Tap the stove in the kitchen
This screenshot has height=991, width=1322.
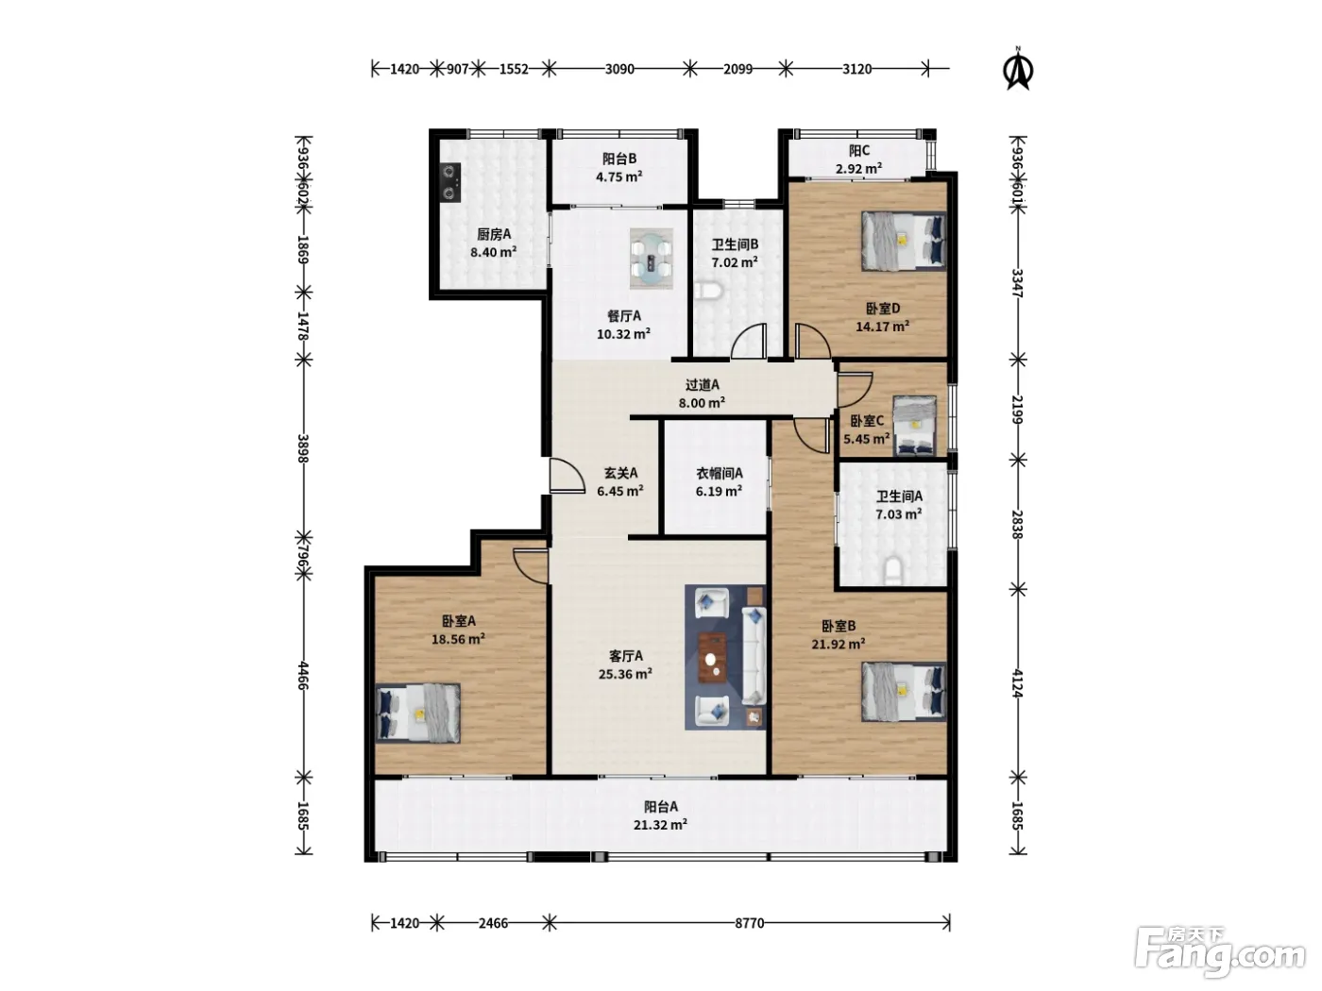tap(449, 182)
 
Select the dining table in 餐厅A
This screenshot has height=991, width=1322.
tap(651, 259)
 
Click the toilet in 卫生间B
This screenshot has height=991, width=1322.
tap(708, 292)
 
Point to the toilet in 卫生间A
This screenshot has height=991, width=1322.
tap(892, 572)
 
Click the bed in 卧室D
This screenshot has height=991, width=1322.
tap(904, 241)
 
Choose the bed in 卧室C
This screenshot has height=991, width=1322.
tap(914, 426)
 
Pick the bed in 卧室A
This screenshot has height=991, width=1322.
tap(418, 713)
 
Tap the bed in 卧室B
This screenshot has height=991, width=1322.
tap(904, 692)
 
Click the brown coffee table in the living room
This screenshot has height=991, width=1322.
tap(712, 657)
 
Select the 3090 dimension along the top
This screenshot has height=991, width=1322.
tap(619, 69)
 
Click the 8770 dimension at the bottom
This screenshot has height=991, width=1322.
tap(749, 923)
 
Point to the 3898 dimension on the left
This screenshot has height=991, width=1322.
tap(303, 449)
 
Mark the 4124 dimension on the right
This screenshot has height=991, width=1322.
tap(1017, 683)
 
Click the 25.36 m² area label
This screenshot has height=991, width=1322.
tap(625, 674)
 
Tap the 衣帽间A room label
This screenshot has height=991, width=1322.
tap(720, 474)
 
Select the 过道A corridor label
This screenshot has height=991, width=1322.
tap(703, 384)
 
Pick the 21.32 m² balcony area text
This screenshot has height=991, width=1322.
tap(660, 825)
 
